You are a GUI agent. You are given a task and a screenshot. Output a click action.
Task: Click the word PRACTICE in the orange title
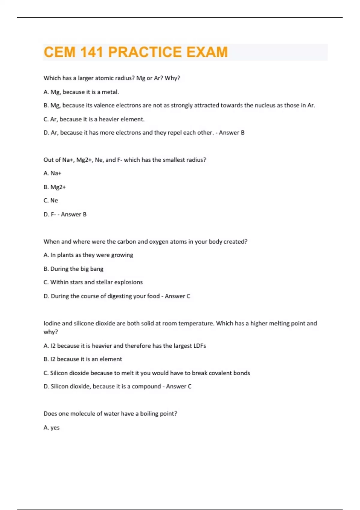click(x=145, y=52)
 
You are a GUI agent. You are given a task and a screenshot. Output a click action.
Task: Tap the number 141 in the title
click(x=91, y=52)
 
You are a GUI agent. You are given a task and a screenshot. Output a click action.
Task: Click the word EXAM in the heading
click(x=207, y=52)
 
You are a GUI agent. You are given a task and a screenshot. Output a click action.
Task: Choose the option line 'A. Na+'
click(x=52, y=173)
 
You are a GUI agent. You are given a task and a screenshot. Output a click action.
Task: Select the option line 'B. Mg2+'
click(x=55, y=187)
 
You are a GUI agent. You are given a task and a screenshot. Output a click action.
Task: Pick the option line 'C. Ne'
click(x=51, y=200)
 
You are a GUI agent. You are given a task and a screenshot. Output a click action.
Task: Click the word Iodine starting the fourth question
click(x=52, y=323)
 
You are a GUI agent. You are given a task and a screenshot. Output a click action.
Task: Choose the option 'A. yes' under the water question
click(x=52, y=427)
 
